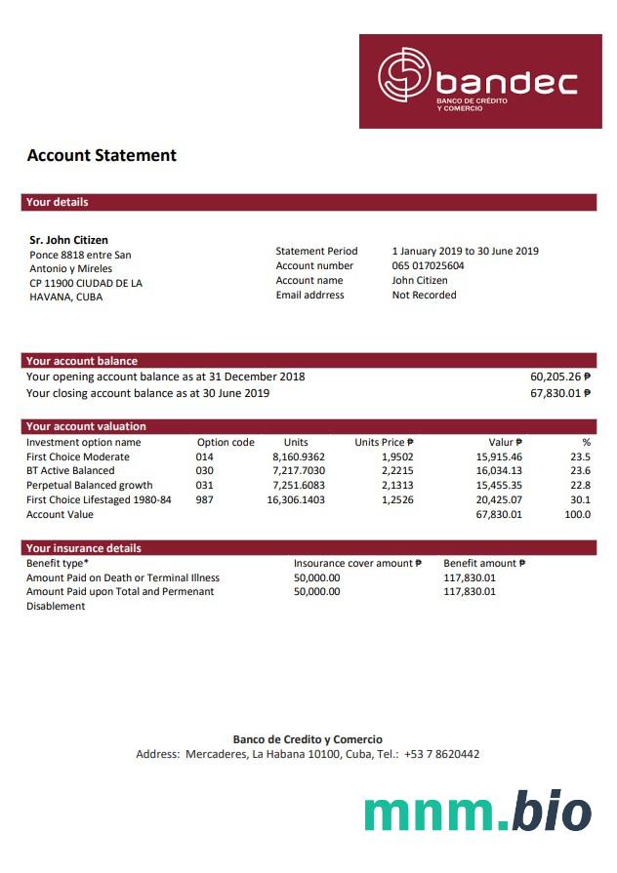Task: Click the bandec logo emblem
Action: [404, 76]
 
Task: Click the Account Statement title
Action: [102, 155]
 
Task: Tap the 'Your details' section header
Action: [58, 202]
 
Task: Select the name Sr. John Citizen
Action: [69, 240]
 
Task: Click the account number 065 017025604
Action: [428, 265]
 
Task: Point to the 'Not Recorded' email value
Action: [424, 295]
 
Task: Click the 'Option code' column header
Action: [226, 442]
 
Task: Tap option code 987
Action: [204, 499]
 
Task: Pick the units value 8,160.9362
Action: [298, 456]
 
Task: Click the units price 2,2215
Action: [397, 471]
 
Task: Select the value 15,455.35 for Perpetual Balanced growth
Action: [499, 485]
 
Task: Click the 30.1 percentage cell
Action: [580, 499]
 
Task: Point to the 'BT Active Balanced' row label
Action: [70, 471]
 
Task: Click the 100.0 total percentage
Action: [577, 514]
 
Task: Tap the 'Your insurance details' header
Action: [83, 548]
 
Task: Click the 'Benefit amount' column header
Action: [484, 563]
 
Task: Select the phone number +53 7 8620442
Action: [441, 754]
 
